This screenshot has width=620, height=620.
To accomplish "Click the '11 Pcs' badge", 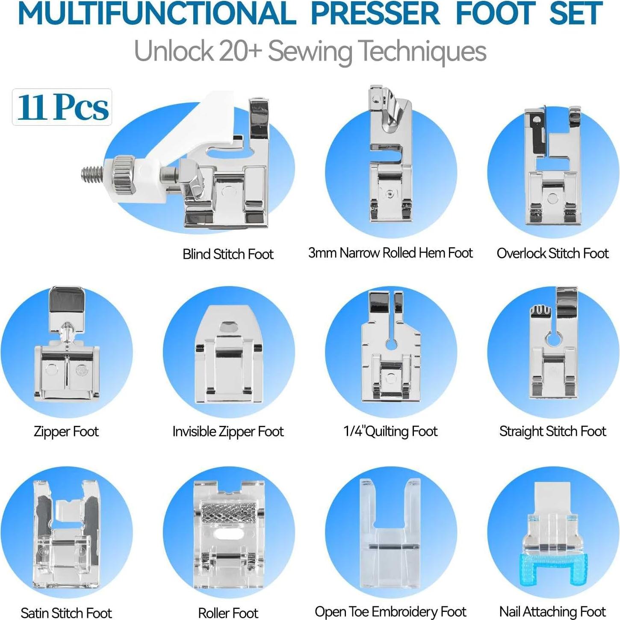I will [x=62, y=107].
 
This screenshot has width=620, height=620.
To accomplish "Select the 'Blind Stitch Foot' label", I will [x=228, y=254].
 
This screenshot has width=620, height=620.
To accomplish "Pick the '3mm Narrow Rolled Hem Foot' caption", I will [x=390, y=253].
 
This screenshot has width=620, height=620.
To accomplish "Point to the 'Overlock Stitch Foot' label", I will [x=552, y=253].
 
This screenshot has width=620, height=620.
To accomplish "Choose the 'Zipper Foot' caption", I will [x=66, y=431].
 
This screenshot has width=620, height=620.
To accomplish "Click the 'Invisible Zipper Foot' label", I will [x=228, y=431].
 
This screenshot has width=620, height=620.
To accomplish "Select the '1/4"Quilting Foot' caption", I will [x=390, y=431].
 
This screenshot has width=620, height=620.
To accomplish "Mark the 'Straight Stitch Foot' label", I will [x=552, y=431].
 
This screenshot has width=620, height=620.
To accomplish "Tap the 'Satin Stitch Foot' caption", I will [x=66, y=613].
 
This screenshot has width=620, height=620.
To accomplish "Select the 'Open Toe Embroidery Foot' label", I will [x=390, y=612].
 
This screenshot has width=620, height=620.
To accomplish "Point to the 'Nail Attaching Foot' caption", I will [x=552, y=612].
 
